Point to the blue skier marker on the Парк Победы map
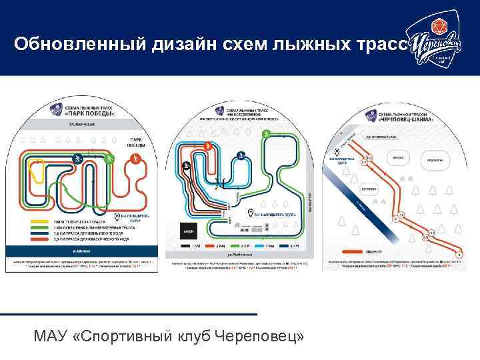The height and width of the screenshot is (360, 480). coord(78,159)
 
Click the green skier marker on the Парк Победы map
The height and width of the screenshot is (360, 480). coord(111,159)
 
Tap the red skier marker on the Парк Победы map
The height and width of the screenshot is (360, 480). coord(135,159)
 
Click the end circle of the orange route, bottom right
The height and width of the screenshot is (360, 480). coord(459,254)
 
